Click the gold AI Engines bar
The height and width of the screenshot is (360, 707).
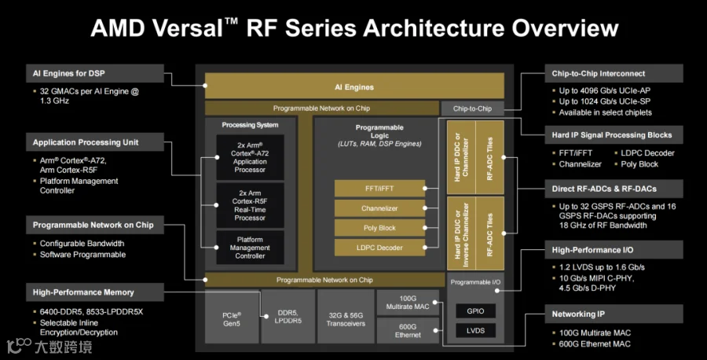click(x=354, y=86)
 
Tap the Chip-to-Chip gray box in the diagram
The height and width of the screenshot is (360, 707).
click(x=472, y=108)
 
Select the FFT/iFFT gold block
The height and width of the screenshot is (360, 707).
click(x=379, y=189)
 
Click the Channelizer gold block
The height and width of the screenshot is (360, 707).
click(x=379, y=208)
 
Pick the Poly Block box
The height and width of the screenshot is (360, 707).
click(x=379, y=228)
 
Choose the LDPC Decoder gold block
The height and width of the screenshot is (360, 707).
click(x=379, y=248)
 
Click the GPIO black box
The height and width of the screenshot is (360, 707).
click(x=475, y=310)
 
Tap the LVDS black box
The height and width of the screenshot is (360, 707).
click(x=475, y=330)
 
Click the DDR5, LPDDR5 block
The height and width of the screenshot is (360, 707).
click(x=288, y=317)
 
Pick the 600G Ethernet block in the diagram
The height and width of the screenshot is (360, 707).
click(x=408, y=331)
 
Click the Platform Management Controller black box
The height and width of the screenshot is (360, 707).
click(x=250, y=248)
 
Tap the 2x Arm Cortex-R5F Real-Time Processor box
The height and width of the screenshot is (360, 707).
click(x=250, y=205)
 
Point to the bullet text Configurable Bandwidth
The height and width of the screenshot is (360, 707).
click(x=82, y=244)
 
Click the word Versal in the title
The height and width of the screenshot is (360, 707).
click(x=188, y=28)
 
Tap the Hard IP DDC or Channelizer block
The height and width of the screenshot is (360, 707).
click(x=461, y=157)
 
